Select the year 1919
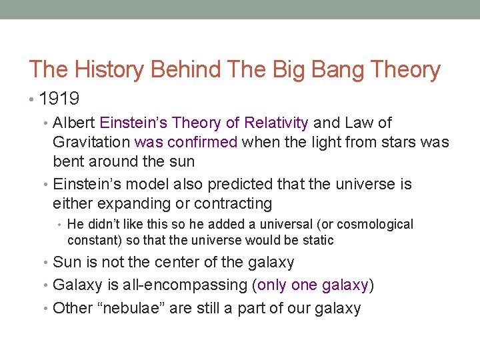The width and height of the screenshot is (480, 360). pyautogui.click(x=59, y=99)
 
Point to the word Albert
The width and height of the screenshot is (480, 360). pyautogui.click(x=74, y=123)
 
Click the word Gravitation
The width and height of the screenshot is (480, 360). pyautogui.click(x=91, y=142)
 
